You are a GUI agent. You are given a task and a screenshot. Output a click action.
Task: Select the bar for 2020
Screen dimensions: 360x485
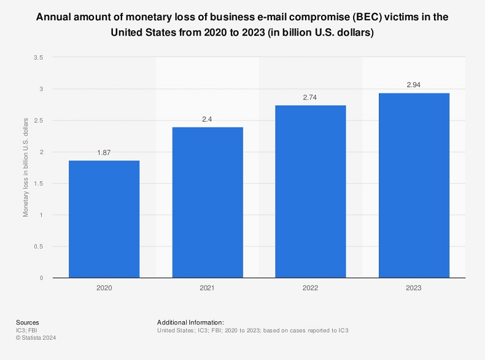[104, 219]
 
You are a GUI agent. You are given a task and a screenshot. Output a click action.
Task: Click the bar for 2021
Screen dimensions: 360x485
[208, 203]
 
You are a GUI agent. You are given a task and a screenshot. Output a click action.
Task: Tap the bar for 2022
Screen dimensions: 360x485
[311, 192]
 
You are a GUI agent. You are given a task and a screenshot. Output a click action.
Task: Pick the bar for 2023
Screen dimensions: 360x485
[414, 186]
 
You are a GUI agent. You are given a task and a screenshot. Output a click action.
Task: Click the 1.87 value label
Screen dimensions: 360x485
[104, 152]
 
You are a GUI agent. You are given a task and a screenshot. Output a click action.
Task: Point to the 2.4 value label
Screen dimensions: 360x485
[208, 119]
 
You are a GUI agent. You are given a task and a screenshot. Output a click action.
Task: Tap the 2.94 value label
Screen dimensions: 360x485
[414, 85]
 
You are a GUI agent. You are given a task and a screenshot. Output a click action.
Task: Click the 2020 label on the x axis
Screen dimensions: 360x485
[104, 287]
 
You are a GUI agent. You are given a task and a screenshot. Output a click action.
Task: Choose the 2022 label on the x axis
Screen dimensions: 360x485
[311, 287]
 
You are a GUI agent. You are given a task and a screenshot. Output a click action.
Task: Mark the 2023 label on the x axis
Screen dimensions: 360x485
[414, 287]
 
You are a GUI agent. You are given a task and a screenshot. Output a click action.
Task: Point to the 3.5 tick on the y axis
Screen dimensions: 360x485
[38, 58]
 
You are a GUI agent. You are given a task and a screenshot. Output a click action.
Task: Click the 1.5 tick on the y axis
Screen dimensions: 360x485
[38, 184]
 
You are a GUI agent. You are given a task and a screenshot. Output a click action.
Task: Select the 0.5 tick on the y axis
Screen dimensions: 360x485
[38, 246]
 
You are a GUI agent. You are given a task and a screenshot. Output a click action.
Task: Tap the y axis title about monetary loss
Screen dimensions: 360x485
[26, 168]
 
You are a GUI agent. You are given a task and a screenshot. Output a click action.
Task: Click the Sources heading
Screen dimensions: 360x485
[27, 323]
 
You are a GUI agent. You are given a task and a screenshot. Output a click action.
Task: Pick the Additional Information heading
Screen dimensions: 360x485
[190, 323]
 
